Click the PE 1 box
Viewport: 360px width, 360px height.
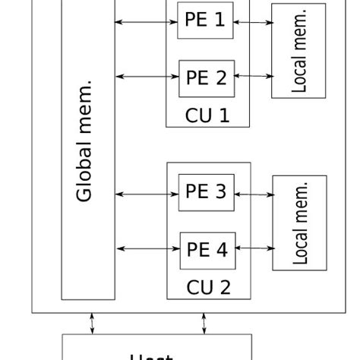tap(205, 21)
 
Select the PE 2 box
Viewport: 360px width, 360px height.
tap(206, 77)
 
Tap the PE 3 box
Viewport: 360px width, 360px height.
tap(206, 191)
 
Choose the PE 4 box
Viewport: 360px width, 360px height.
tap(206, 249)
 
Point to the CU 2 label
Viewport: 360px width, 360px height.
tap(207, 287)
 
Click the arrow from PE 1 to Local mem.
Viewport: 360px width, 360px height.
tap(253, 23)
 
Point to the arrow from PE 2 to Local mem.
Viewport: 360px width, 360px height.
tap(253, 76)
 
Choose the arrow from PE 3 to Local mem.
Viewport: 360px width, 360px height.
tap(253, 194)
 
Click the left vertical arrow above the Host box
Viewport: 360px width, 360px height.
tap(93, 323)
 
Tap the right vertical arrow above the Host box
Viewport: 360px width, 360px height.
tap(204, 323)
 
